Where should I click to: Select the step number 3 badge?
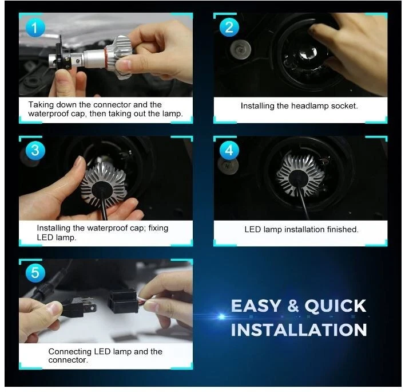35,150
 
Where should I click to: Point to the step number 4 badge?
229,150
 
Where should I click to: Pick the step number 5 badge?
35,273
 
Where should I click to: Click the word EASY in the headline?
256,306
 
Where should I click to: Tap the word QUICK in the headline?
335,306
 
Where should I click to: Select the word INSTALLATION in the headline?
298,330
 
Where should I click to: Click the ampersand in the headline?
293,306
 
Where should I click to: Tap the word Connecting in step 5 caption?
70,351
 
